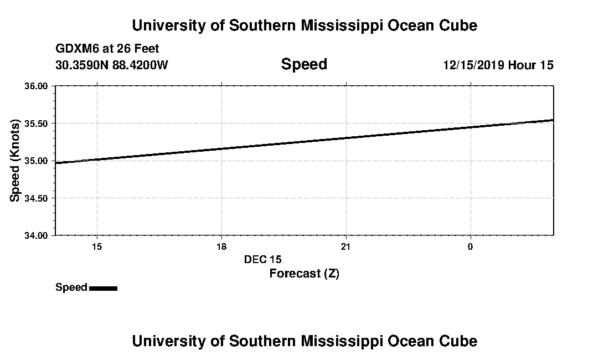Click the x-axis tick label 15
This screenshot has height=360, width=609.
tap(97, 246)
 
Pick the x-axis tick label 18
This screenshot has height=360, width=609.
tap(221, 246)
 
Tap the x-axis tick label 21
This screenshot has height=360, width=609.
tap(346, 246)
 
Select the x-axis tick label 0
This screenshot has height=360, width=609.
tap(470, 246)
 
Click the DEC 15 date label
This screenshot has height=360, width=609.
tap(263, 259)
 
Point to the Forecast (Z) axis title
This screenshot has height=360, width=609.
tap(304, 274)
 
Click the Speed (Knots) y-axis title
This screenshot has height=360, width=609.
tap(16, 161)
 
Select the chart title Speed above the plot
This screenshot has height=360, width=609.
tap(304, 64)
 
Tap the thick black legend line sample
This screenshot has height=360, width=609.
tap(103, 288)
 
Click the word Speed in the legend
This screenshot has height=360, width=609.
tap(71, 287)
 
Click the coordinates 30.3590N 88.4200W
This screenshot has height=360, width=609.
tap(112, 65)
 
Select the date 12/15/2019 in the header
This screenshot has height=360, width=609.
tap(473, 65)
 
